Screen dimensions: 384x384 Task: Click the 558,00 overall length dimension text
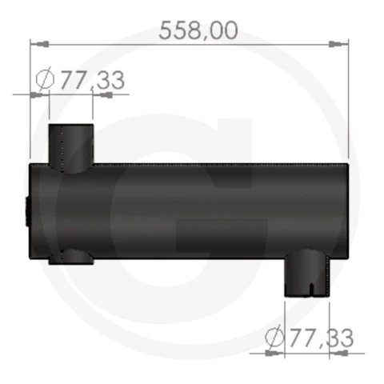pos(198,30)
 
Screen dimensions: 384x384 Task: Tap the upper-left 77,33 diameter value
pos(92,80)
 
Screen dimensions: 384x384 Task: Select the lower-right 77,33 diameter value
pos(322,338)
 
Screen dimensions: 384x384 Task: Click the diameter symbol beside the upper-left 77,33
pos(45,79)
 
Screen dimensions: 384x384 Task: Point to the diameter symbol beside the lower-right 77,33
pos(274,337)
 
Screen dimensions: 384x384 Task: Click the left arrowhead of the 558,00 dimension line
pos(39,44)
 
